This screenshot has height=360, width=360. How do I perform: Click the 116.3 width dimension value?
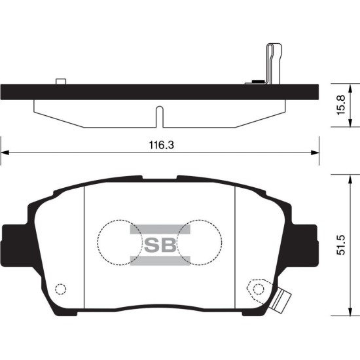pyautogui.click(x=162, y=145)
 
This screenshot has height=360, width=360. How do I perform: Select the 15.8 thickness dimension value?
pyautogui.click(x=341, y=105)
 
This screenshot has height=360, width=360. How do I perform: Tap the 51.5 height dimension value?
pyautogui.click(x=341, y=245)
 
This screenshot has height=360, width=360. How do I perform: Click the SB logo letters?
pyautogui.click(x=160, y=245)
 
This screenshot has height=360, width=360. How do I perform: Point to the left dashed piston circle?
pyautogui.click(x=98, y=242)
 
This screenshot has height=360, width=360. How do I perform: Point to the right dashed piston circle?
pyautogui.click(x=222, y=242)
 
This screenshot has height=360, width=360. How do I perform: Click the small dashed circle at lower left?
pyautogui.click(x=61, y=289)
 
